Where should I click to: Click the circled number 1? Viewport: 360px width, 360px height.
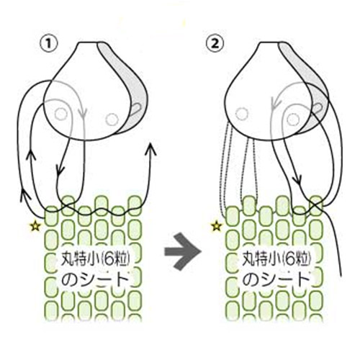pyautogui.click(x=49, y=45)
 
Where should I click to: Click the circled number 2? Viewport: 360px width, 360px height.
pyautogui.click(x=215, y=44)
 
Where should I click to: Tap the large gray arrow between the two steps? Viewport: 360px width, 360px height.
pyautogui.click(x=183, y=251)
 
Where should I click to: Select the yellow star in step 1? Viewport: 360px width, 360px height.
pyautogui.click(x=35, y=226)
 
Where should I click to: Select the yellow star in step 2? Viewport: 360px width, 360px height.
pyautogui.click(x=216, y=226)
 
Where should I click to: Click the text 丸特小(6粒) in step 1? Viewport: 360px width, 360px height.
pyautogui.click(x=96, y=259)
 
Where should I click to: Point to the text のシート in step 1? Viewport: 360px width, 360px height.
pyautogui.click(x=95, y=279)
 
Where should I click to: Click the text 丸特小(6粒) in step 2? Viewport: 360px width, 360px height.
pyautogui.click(x=276, y=259)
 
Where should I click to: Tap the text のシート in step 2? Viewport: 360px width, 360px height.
pyautogui.click(x=276, y=279)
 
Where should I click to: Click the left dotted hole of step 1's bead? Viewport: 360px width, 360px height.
pyautogui.click(x=60, y=114)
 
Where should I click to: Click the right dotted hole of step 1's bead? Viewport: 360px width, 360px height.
pyautogui.click(x=112, y=119)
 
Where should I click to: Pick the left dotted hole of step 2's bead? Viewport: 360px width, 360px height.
pyautogui.click(x=241, y=114)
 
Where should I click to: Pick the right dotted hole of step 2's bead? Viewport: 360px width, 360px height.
pyautogui.click(x=293, y=120)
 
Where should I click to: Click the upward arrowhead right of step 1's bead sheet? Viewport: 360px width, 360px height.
pyautogui.click(x=151, y=149)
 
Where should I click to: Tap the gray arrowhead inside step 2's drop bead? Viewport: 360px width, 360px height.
pyautogui.click(x=276, y=103)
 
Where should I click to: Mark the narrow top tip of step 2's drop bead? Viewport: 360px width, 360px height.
pyautogui.click(x=269, y=42)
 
